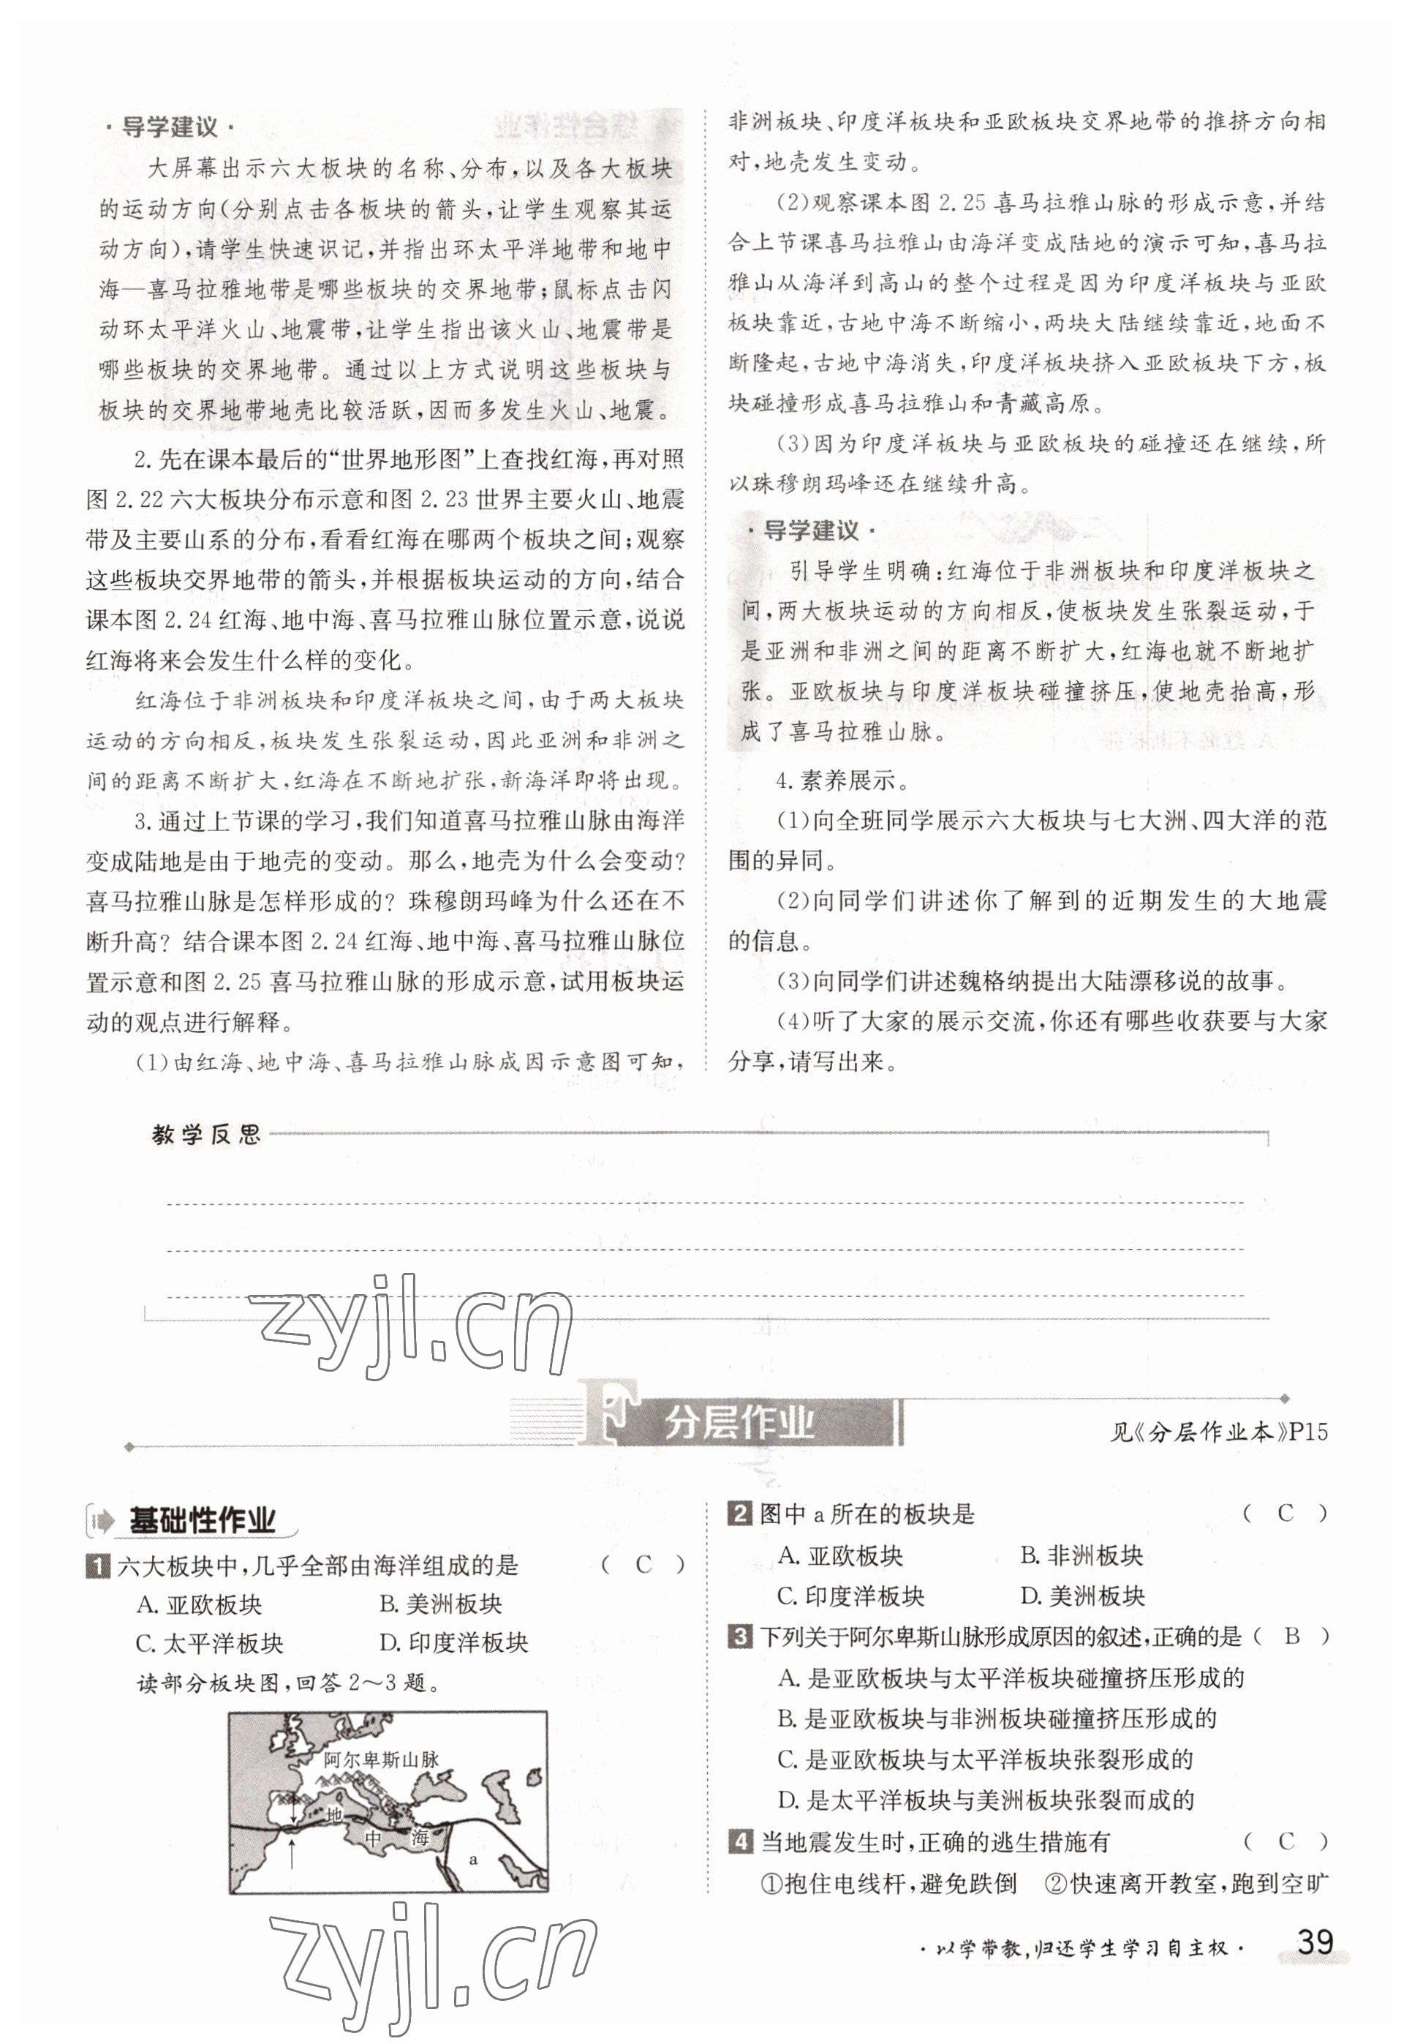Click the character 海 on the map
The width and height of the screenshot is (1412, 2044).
418,1838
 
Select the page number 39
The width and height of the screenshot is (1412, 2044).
1314,1942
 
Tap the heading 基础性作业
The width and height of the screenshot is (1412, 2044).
202,1521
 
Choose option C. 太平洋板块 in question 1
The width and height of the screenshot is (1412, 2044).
210,1644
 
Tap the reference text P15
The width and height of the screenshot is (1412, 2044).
1308,1432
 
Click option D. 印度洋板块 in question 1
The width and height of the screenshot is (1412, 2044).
453,1644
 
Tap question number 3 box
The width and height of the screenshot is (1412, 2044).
739,1637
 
